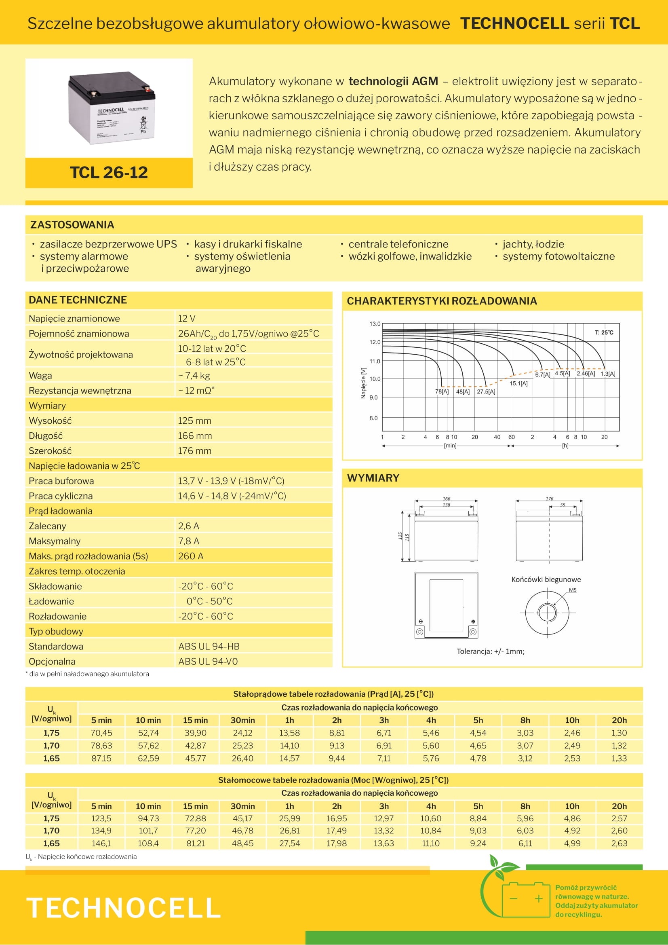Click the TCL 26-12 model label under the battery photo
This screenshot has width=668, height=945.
pos(109,172)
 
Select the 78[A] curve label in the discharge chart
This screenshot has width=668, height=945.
pos(442,391)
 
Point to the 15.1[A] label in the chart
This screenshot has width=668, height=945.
pos(518,383)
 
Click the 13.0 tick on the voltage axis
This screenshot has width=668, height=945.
pos(375,324)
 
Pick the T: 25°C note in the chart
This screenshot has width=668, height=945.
pos(604,332)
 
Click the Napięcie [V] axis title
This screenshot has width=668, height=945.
pos(363,383)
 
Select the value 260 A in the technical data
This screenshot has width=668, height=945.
pos(190,556)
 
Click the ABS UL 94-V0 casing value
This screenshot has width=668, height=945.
pos(208,662)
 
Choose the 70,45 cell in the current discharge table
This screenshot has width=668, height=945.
pos(101,733)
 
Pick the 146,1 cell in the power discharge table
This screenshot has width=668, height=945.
pos(101,844)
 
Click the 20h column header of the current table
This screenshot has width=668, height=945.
pos(619,720)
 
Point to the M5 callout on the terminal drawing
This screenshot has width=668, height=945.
pos(573,590)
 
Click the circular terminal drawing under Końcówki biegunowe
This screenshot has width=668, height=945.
pos(547,613)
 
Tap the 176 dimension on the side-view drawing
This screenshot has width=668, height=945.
pos(550,499)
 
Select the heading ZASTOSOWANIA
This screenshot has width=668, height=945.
pos(72,225)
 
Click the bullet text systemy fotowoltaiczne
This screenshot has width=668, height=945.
pos(558,256)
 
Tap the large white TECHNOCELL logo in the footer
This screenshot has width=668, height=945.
pos(124,908)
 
